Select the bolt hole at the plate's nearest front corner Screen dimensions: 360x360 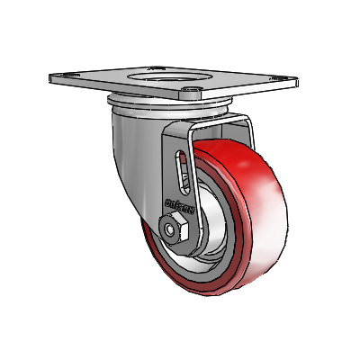[192, 92]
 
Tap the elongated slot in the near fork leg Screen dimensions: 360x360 [182, 170]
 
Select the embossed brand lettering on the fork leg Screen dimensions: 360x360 [181, 203]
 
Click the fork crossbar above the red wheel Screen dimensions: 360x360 [220, 122]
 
